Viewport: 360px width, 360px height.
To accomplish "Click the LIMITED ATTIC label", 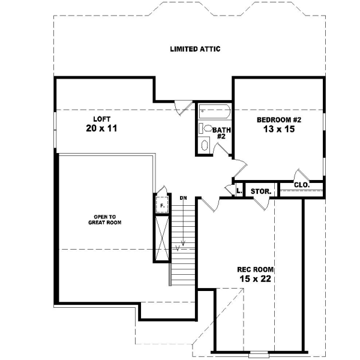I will [195, 49].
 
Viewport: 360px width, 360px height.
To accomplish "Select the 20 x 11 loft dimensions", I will [100, 128].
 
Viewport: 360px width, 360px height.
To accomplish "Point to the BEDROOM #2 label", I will [278, 120].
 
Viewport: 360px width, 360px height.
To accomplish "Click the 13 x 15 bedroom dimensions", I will [279, 130].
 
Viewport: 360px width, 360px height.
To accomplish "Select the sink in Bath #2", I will [204, 145].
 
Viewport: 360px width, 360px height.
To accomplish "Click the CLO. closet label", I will [302, 185].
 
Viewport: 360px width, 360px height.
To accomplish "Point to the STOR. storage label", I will [261, 192].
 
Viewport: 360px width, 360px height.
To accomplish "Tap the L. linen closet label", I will [239, 191].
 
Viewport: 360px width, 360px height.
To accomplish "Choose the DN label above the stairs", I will [183, 197].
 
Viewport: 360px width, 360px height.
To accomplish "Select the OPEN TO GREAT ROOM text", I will [104, 219].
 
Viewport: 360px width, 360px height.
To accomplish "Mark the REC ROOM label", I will [255, 269].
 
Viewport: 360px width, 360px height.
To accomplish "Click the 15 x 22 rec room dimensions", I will [256, 279].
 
